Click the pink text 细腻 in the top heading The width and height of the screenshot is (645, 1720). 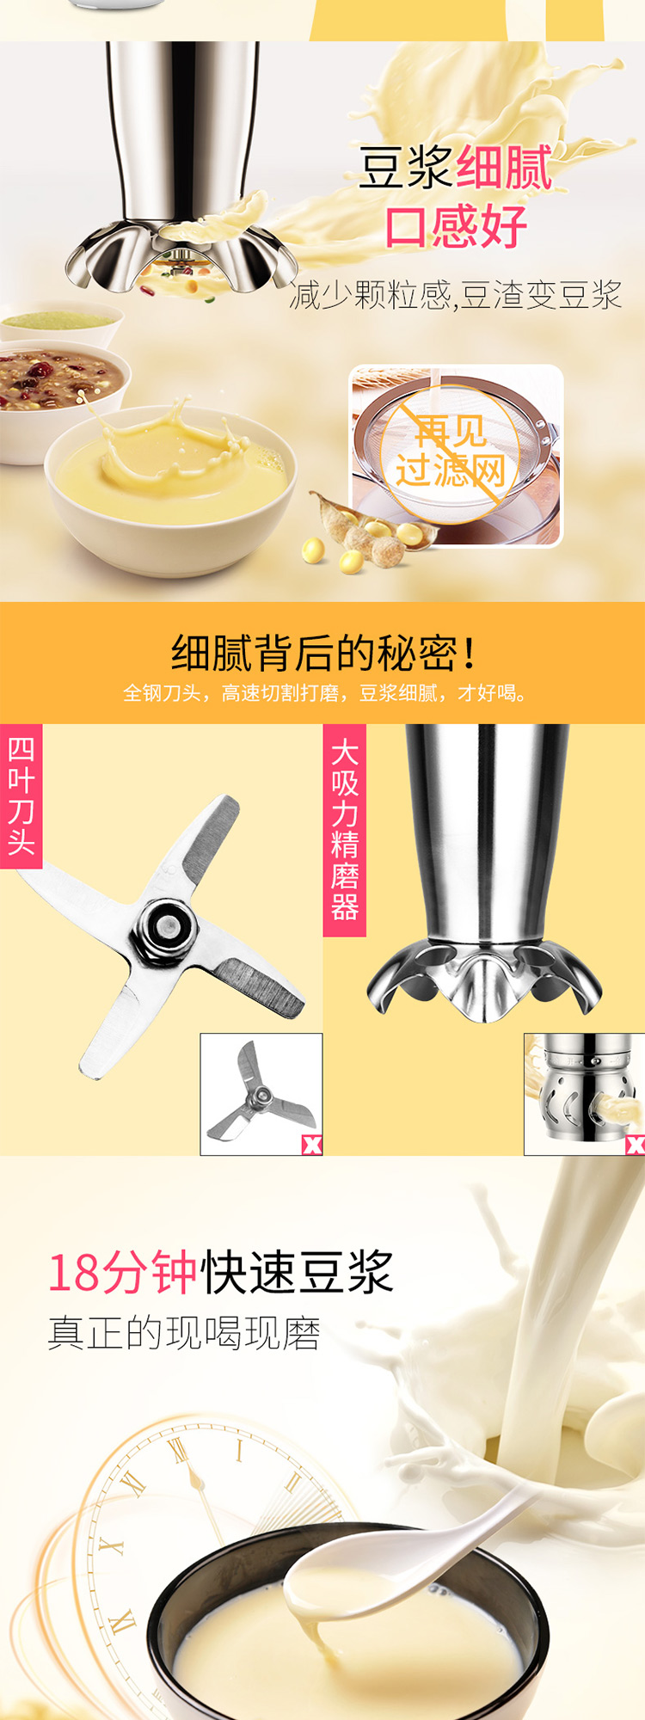pos(503,167)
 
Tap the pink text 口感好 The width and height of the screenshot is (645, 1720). pos(455,227)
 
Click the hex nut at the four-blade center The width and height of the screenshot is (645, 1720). pos(166,927)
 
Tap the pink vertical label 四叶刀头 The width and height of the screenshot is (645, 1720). pos(21,795)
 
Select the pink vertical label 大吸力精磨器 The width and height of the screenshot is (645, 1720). pos(344,830)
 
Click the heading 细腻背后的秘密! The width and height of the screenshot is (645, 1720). pos(324,653)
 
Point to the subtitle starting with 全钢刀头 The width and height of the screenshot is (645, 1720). pos(324,693)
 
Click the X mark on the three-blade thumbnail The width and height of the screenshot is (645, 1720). pos(311,1145)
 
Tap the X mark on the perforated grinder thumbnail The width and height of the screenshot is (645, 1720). pos(635,1145)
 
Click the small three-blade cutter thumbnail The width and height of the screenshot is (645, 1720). pos(261,1094)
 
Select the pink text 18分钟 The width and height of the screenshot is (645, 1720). pos(122,1273)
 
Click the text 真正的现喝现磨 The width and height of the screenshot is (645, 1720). pos(184,1333)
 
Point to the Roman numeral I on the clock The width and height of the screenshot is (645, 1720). pos(239,1451)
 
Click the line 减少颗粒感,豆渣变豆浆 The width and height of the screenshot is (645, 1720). pos(456,295)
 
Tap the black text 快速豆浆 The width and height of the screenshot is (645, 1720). pos(297,1273)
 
